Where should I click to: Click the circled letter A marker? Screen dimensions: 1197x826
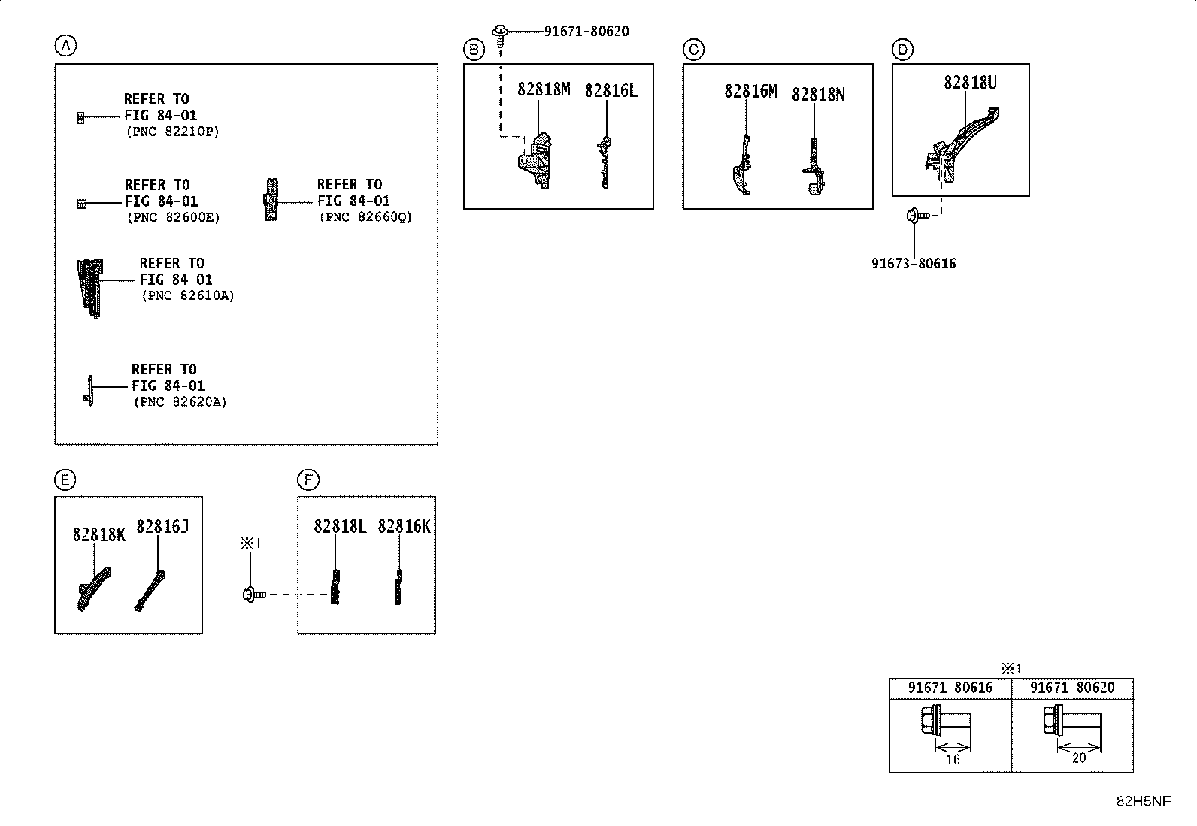[x=65, y=45]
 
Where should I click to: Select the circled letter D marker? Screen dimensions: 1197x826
[x=902, y=50]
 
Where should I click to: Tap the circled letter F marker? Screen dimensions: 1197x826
[x=308, y=480]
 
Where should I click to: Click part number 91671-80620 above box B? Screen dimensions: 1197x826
[x=586, y=32]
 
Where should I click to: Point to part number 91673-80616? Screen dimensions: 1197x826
[x=914, y=263]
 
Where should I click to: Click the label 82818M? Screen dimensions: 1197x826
[x=544, y=89]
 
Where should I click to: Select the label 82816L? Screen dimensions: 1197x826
[x=611, y=91]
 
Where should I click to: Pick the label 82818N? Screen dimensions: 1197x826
[x=818, y=95]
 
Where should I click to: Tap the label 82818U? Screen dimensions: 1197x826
[x=971, y=82]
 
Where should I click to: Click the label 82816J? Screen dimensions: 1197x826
[x=162, y=527]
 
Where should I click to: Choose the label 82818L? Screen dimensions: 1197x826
[x=340, y=526]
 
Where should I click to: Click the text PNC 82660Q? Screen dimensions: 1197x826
[x=366, y=217]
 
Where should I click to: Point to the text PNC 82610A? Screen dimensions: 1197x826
[x=188, y=295]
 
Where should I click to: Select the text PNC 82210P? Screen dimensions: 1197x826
[x=173, y=132]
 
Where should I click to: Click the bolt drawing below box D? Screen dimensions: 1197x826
[x=917, y=216]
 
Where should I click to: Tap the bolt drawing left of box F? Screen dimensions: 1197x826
[x=254, y=594]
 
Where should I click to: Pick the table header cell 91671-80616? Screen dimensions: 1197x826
[x=950, y=688]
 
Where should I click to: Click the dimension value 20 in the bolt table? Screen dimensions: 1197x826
[x=1079, y=758]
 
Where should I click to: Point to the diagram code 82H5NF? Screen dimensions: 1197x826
[x=1144, y=801]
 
